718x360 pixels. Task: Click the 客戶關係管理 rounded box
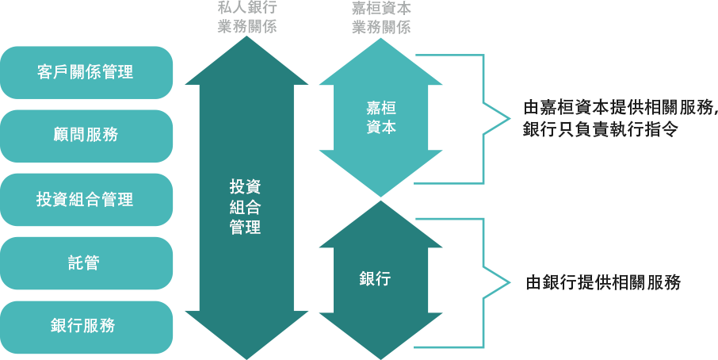(x=86, y=72)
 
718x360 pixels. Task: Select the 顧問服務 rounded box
(x=86, y=135)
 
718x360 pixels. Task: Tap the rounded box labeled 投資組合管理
(x=86, y=199)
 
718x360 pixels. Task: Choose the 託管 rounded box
(x=86, y=262)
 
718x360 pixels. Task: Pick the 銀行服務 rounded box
(x=86, y=326)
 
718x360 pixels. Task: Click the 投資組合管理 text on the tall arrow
(x=246, y=206)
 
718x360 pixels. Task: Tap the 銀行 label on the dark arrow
(x=375, y=279)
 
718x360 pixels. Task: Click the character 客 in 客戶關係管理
(x=45, y=72)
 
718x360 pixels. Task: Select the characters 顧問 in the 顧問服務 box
(x=69, y=135)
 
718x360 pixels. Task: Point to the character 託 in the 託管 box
(x=77, y=262)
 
